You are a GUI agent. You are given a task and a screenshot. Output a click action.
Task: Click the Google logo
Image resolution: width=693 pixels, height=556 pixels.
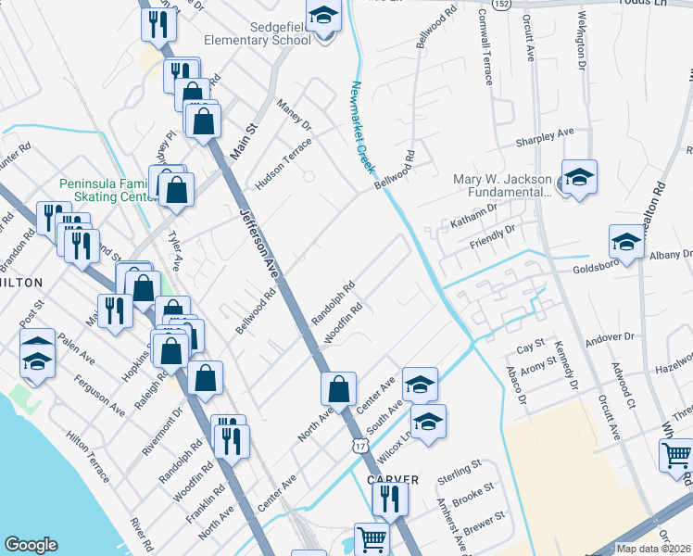(x=31, y=545)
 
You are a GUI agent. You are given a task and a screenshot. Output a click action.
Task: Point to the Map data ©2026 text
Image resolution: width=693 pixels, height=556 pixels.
(x=653, y=549)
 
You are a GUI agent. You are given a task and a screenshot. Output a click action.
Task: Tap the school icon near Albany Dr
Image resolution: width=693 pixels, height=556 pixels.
(x=626, y=243)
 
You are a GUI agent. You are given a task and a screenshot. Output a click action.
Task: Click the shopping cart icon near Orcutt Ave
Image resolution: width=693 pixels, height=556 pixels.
(x=676, y=455)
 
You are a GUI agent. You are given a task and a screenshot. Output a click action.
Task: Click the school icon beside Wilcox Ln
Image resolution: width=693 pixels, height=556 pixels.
(x=428, y=422)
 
